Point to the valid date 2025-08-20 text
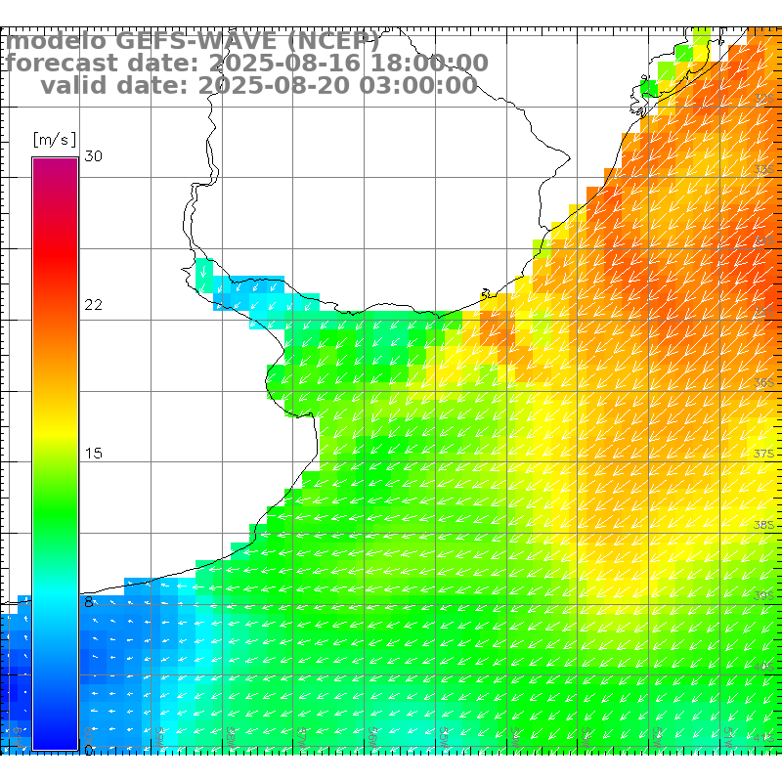tap(263, 86)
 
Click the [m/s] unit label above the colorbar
tap(54, 139)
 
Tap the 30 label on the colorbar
tap(94, 156)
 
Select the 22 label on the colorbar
tap(94, 305)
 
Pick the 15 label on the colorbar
tap(94, 454)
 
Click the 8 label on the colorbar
tap(89, 602)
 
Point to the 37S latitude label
tap(763, 454)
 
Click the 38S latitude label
tap(763, 525)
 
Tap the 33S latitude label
tap(763, 170)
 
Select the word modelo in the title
tap(55, 41)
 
